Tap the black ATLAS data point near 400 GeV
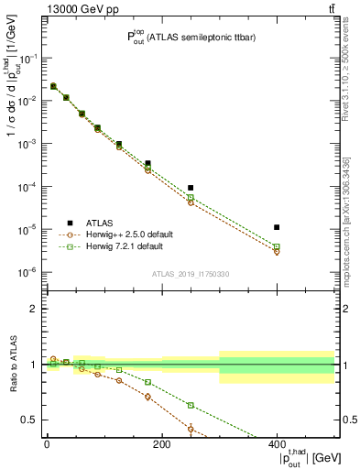click(x=277, y=227)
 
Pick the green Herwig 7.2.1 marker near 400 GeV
click(x=277, y=246)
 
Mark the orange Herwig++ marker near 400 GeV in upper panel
click(x=277, y=251)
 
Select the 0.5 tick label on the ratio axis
click(x=32, y=420)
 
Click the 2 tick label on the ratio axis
click(x=35, y=309)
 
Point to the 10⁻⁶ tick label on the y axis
click(x=27, y=272)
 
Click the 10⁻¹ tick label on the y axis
click(x=27, y=58)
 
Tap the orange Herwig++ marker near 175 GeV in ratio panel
click(x=147, y=397)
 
